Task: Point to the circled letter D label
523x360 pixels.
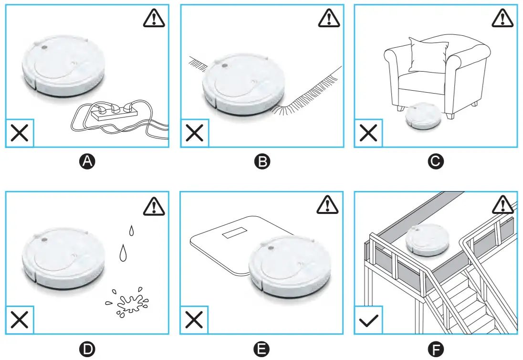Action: point(87,350)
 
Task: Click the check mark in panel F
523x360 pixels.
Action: point(368,320)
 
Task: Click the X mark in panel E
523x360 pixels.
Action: point(194,320)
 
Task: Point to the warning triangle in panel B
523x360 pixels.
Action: point(327,18)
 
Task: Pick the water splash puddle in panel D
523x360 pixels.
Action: point(127,302)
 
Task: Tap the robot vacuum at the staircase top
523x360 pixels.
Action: point(427,240)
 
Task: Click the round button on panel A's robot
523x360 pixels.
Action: point(43,48)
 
